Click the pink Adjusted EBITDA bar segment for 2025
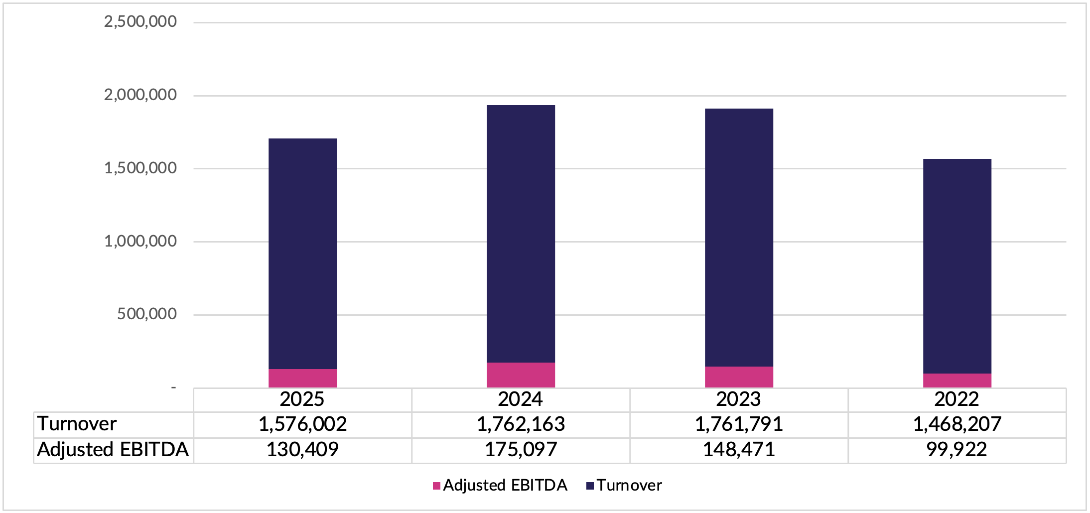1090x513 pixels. tap(302, 378)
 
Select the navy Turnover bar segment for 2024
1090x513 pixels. tap(521, 234)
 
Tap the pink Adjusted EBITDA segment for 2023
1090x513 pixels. tap(739, 377)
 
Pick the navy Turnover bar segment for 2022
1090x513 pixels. tap(957, 266)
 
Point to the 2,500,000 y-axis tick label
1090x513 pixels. tap(140, 21)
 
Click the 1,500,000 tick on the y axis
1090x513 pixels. tap(140, 168)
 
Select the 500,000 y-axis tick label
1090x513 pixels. tap(146, 314)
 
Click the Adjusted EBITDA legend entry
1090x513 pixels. tap(505, 485)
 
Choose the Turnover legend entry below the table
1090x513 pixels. tap(629, 485)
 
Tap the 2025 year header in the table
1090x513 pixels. tap(302, 399)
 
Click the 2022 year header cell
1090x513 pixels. tap(956, 399)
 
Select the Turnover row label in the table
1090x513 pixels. tap(77, 424)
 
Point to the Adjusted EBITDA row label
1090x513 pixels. tap(113, 450)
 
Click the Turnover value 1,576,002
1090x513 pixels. tap(302, 424)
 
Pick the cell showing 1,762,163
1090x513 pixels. tap(521, 424)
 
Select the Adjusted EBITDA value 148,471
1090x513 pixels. tap(739, 450)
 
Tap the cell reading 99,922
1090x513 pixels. tap(956, 450)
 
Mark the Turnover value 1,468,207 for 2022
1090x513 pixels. tap(957, 424)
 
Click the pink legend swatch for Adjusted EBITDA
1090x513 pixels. tap(436, 486)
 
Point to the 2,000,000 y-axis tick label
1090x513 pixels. tap(140, 95)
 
